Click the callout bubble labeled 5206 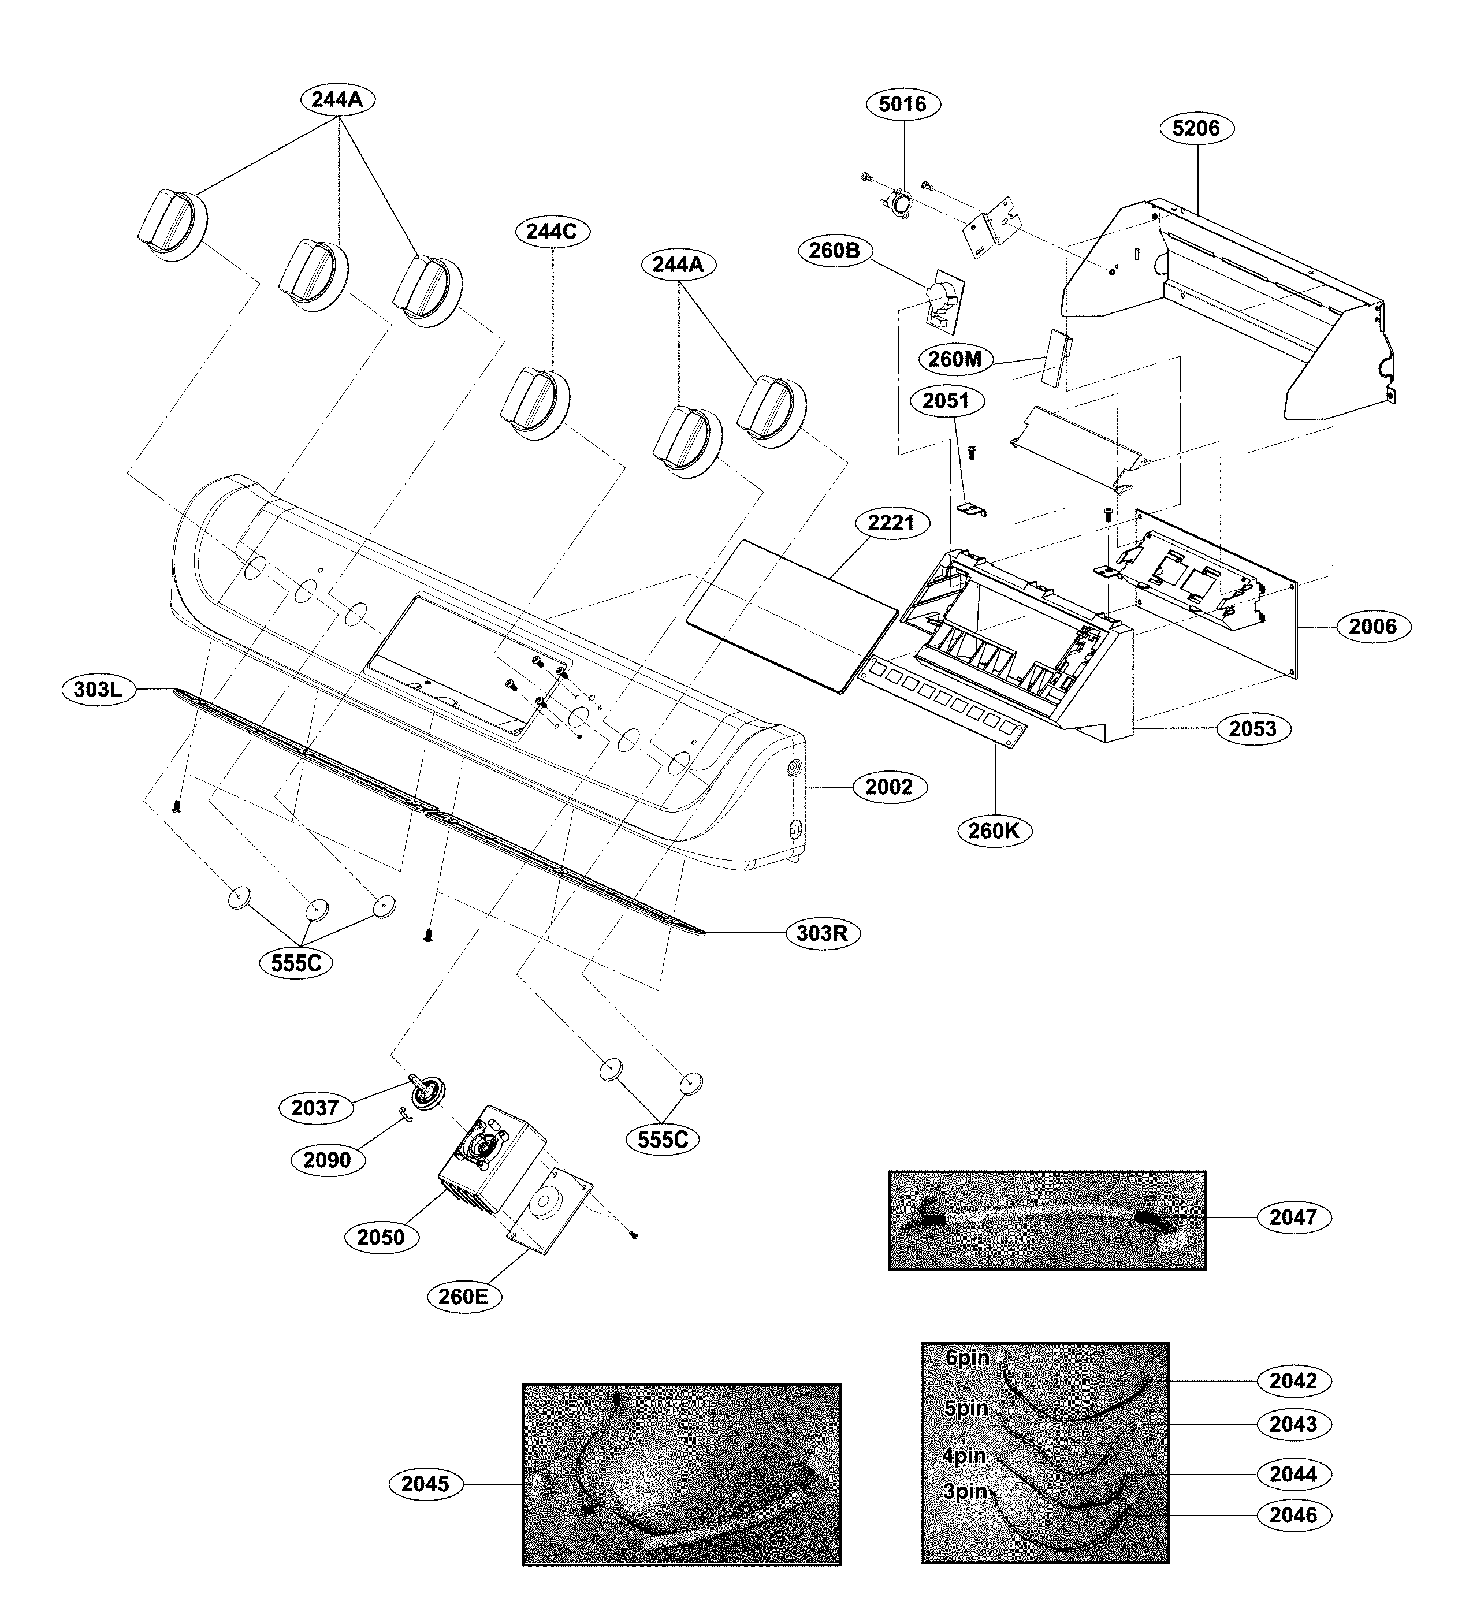coord(1196,128)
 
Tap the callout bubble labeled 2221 coord(890,524)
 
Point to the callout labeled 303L coord(97,690)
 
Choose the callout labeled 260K coord(993,831)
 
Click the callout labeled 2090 coord(327,1160)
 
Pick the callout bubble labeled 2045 coord(425,1484)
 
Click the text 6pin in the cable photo coord(967,1358)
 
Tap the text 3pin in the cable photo coord(965,1491)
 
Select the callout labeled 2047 coord(1293,1217)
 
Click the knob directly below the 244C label coord(535,405)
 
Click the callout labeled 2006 coord(1372,627)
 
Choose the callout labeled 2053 coord(1252,729)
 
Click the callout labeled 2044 coord(1293,1475)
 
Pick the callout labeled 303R coord(822,933)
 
